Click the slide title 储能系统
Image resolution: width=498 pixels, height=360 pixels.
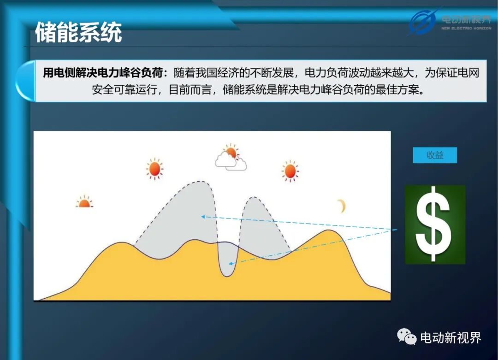click(78, 32)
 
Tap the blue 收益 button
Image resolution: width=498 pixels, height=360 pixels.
click(435, 155)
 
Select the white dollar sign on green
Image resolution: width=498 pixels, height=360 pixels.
click(434, 224)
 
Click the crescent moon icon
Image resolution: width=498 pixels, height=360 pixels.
click(342, 206)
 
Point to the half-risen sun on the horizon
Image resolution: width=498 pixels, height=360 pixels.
click(84, 202)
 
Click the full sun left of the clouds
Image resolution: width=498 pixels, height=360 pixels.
click(154, 169)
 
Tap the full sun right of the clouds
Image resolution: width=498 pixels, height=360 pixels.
click(290, 171)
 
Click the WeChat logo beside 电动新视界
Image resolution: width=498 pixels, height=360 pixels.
click(407, 336)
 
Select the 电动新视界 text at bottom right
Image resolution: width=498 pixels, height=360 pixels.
click(451, 337)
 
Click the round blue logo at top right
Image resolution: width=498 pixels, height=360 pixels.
click(422, 22)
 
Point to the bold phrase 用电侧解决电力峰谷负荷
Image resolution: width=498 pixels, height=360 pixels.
click(102, 73)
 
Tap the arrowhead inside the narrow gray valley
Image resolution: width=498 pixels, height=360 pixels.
click(231, 264)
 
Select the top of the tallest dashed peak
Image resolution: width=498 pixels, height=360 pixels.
click(200, 181)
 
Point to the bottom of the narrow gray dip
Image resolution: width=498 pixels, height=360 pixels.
click(227, 276)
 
